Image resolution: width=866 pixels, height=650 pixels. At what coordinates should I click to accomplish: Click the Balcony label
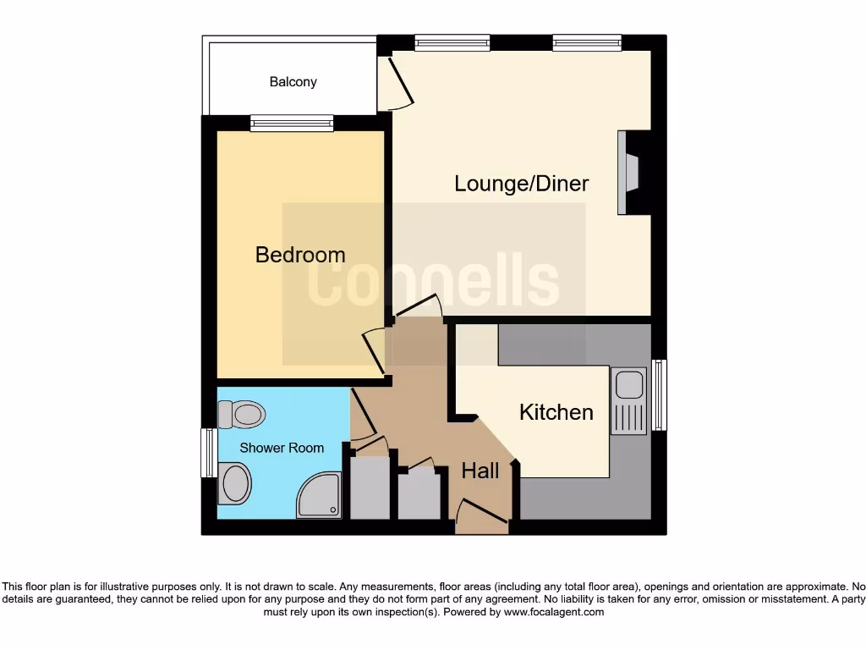click(293, 82)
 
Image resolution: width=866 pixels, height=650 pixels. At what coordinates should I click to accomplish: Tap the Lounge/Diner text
click(521, 184)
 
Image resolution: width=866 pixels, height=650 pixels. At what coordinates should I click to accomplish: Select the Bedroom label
click(300, 255)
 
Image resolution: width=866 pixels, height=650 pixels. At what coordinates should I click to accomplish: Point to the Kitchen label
click(556, 412)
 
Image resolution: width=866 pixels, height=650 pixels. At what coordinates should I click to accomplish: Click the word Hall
click(480, 471)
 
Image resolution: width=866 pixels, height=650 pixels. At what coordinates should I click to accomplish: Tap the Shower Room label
click(282, 448)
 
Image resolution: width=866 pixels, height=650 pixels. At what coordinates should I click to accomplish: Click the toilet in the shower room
click(241, 415)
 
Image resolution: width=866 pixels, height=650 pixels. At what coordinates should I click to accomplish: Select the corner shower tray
click(318, 495)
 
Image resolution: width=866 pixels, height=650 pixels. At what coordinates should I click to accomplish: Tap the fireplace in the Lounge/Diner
click(630, 174)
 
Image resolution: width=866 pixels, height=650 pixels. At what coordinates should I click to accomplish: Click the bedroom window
click(292, 124)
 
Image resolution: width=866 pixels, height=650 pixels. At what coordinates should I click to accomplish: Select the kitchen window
click(659, 394)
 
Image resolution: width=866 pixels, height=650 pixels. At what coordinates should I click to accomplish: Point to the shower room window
click(207, 453)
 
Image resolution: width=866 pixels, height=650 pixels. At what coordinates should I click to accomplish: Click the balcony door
click(396, 85)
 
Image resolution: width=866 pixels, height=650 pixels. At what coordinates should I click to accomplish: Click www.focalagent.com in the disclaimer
click(554, 612)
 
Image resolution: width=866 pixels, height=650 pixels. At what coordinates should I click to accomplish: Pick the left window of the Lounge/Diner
click(452, 41)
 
